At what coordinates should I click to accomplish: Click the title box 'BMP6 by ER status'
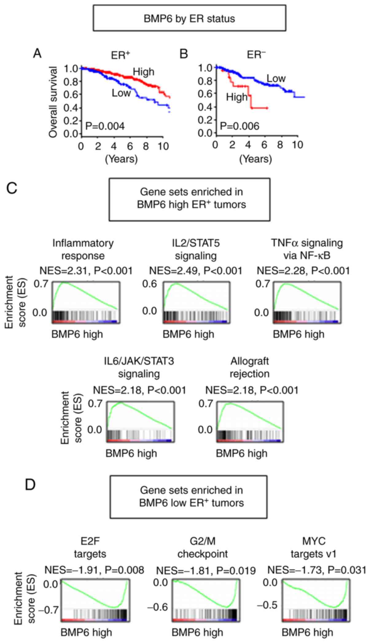point(189,18)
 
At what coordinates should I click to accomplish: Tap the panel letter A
point(37,54)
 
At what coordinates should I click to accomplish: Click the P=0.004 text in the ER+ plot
point(105,126)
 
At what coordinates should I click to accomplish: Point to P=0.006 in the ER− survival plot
point(240,126)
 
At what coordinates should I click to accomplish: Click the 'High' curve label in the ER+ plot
point(143,72)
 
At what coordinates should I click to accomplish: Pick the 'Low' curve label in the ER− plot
point(276,79)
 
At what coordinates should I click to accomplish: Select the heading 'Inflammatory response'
point(83,249)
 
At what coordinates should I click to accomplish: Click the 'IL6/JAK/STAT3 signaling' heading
point(139,367)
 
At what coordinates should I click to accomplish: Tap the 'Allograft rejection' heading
point(250,367)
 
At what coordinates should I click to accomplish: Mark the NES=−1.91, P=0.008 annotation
point(94,570)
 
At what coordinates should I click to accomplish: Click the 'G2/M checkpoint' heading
point(203,547)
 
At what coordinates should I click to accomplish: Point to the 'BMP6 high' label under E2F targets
point(86,632)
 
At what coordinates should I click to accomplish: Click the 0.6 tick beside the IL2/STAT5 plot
point(150,284)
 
